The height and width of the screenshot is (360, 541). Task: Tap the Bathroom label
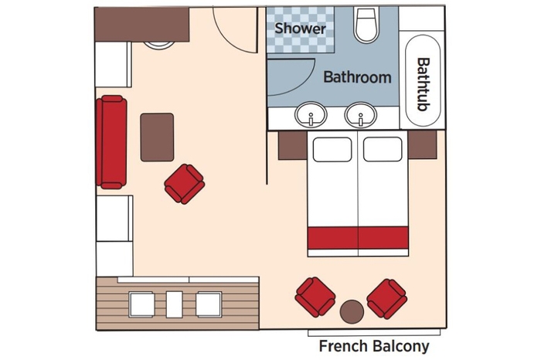click(x=357, y=77)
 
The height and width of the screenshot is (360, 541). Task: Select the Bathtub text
click(x=423, y=83)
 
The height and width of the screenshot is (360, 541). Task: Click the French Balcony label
click(x=373, y=347)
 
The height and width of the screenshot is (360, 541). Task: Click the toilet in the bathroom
click(x=366, y=26)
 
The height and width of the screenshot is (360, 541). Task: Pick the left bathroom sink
click(x=311, y=117)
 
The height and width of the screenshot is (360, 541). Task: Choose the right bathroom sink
click(x=359, y=117)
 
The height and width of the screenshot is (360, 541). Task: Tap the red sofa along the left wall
click(x=111, y=141)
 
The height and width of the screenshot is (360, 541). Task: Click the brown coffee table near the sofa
click(x=157, y=137)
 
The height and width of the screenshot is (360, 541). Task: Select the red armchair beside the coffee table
click(x=184, y=184)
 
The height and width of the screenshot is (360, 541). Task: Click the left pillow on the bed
click(x=332, y=149)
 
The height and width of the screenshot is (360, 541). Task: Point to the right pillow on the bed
click(x=383, y=149)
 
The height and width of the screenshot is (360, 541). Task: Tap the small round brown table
click(x=352, y=311)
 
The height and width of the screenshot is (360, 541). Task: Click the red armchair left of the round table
click(x=315, y=297)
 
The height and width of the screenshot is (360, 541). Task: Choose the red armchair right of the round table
click(x=386, y=298)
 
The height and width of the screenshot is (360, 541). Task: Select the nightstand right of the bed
click(x=423, y=145)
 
